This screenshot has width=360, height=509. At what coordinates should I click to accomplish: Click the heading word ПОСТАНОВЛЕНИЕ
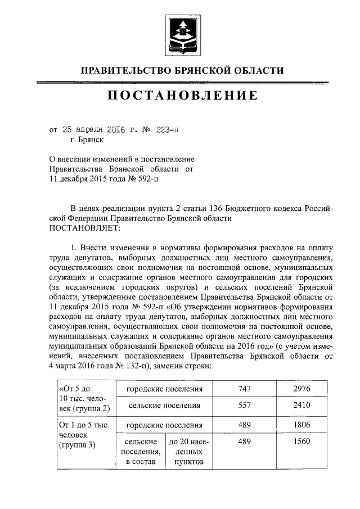coord(183,96)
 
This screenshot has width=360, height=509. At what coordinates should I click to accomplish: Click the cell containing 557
coord(244,405)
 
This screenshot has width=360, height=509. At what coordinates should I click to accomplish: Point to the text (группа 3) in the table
coord(78,445)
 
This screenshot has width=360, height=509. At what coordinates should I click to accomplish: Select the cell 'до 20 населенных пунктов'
coord(188,452)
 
